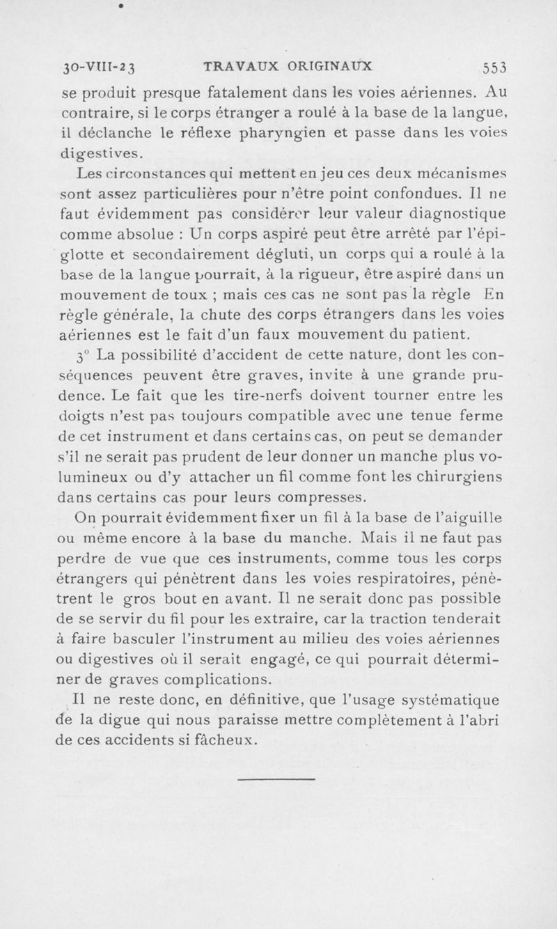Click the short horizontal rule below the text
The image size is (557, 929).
tap(276, 779)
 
